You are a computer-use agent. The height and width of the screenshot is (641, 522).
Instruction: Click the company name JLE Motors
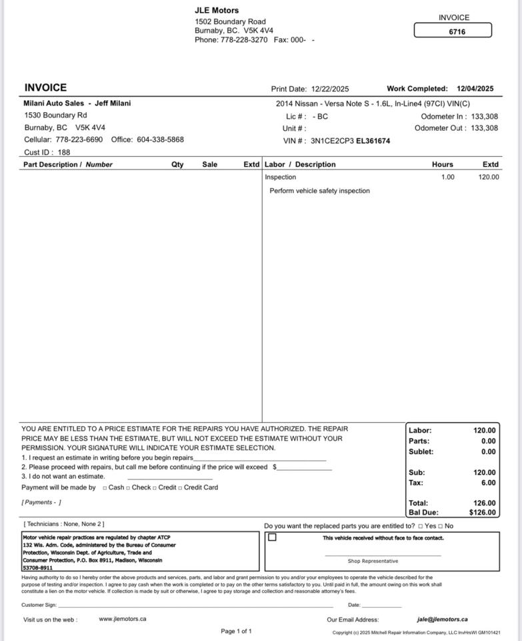tap(217, 11)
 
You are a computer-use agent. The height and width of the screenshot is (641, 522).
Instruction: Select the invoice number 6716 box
tap(453, 31)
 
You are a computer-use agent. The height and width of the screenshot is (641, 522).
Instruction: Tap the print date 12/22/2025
tap(329, 89)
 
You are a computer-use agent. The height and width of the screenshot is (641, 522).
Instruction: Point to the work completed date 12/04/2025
tap(475, 89)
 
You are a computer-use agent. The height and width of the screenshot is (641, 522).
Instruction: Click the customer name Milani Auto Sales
tap(54, 103)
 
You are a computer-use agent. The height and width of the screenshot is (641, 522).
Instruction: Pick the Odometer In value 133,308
tap(484, 117)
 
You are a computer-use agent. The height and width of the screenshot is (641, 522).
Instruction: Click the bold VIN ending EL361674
tap(373, 142)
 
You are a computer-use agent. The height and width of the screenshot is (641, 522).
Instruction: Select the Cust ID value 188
tap(64, 152)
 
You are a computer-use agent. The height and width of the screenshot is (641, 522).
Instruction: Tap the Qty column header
tap(177, 165)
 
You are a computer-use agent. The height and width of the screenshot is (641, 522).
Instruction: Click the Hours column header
tap(442, 165)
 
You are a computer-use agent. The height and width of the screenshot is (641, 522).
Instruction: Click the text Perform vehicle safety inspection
tap(319, 191)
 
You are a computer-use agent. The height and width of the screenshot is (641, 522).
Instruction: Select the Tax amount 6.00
tap(489, 483)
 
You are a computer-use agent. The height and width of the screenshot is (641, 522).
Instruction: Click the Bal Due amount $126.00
tap(483, 513)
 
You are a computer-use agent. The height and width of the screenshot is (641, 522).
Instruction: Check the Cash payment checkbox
tap(105, 488)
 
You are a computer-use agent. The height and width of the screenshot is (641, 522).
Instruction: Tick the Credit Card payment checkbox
tap(180, 488)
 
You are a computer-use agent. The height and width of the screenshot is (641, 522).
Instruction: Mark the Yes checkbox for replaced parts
tap(421, 527)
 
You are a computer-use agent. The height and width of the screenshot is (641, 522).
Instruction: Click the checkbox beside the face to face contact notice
tap(272, 538)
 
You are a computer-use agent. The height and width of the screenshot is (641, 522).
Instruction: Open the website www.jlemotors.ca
tap(123, 619)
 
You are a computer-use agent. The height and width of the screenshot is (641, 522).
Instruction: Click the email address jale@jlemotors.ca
tap(442, 620)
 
